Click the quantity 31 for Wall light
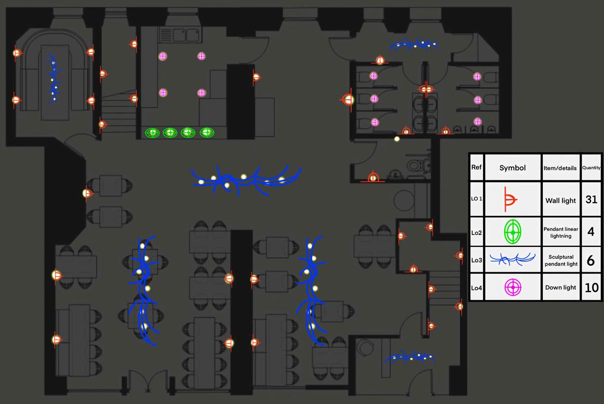[x=591, y=199]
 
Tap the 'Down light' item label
[x=560, y=287]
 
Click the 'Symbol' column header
[x=512, y=168]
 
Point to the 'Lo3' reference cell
[x=476, y=260]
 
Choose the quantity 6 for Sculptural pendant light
[x=591, y=260]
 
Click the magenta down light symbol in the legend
[x=513, y=287]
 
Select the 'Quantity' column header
[x=591, y=168]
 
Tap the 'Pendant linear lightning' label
[x=560, y=232]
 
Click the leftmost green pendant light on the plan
[x=153, y=133]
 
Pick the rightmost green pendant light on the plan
[x=207, y=133]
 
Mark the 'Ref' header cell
[x=476, y=168]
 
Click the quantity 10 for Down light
[x=591, y=287]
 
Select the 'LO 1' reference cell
[x=476, y=199]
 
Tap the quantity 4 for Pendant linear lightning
[x=591, y=232]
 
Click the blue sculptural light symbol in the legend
[x=513, y=259]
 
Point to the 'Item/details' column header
[x=560, y=168]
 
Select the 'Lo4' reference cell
[x=476, y=287]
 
